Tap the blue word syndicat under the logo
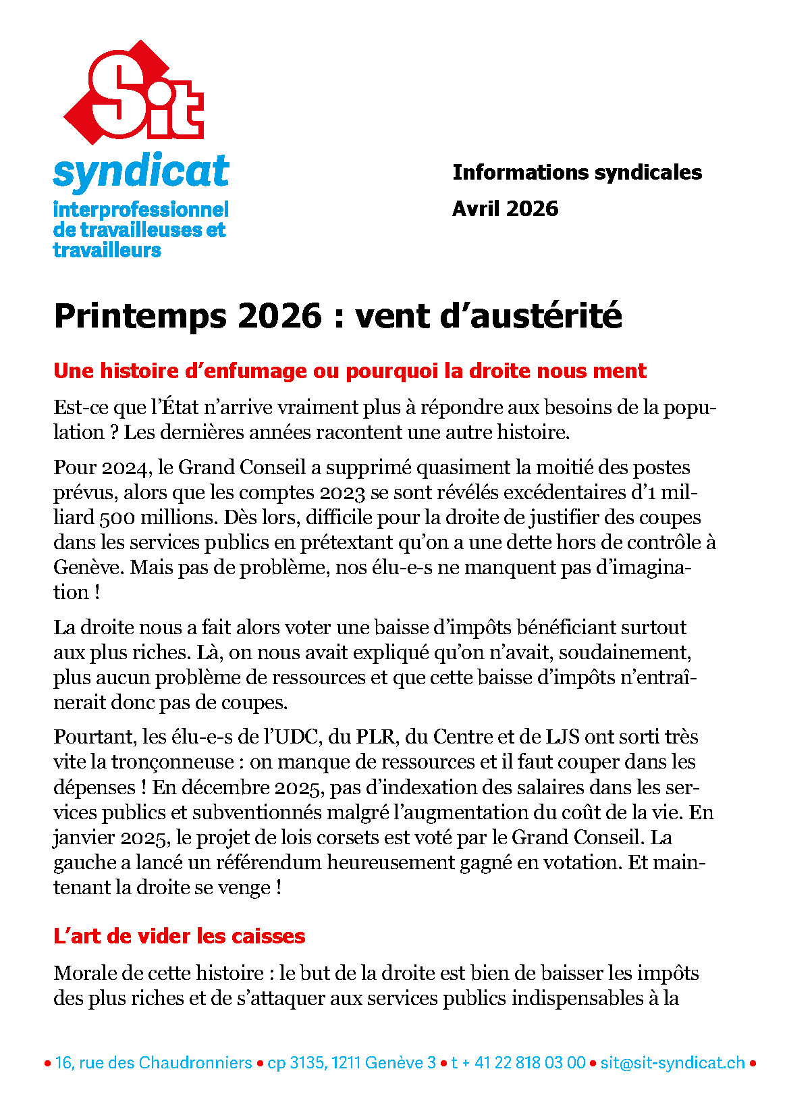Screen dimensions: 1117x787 (141, 172)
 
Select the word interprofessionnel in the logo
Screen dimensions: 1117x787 (141, 209)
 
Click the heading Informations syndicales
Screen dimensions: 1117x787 (576, 172)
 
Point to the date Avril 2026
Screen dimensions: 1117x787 (505, 209)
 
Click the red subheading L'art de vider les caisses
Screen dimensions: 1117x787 (179, 936)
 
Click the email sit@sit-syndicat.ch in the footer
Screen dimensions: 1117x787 (672, 1063)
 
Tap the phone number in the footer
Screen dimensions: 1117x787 (518, 1063)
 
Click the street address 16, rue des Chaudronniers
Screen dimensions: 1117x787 (153, 1063)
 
